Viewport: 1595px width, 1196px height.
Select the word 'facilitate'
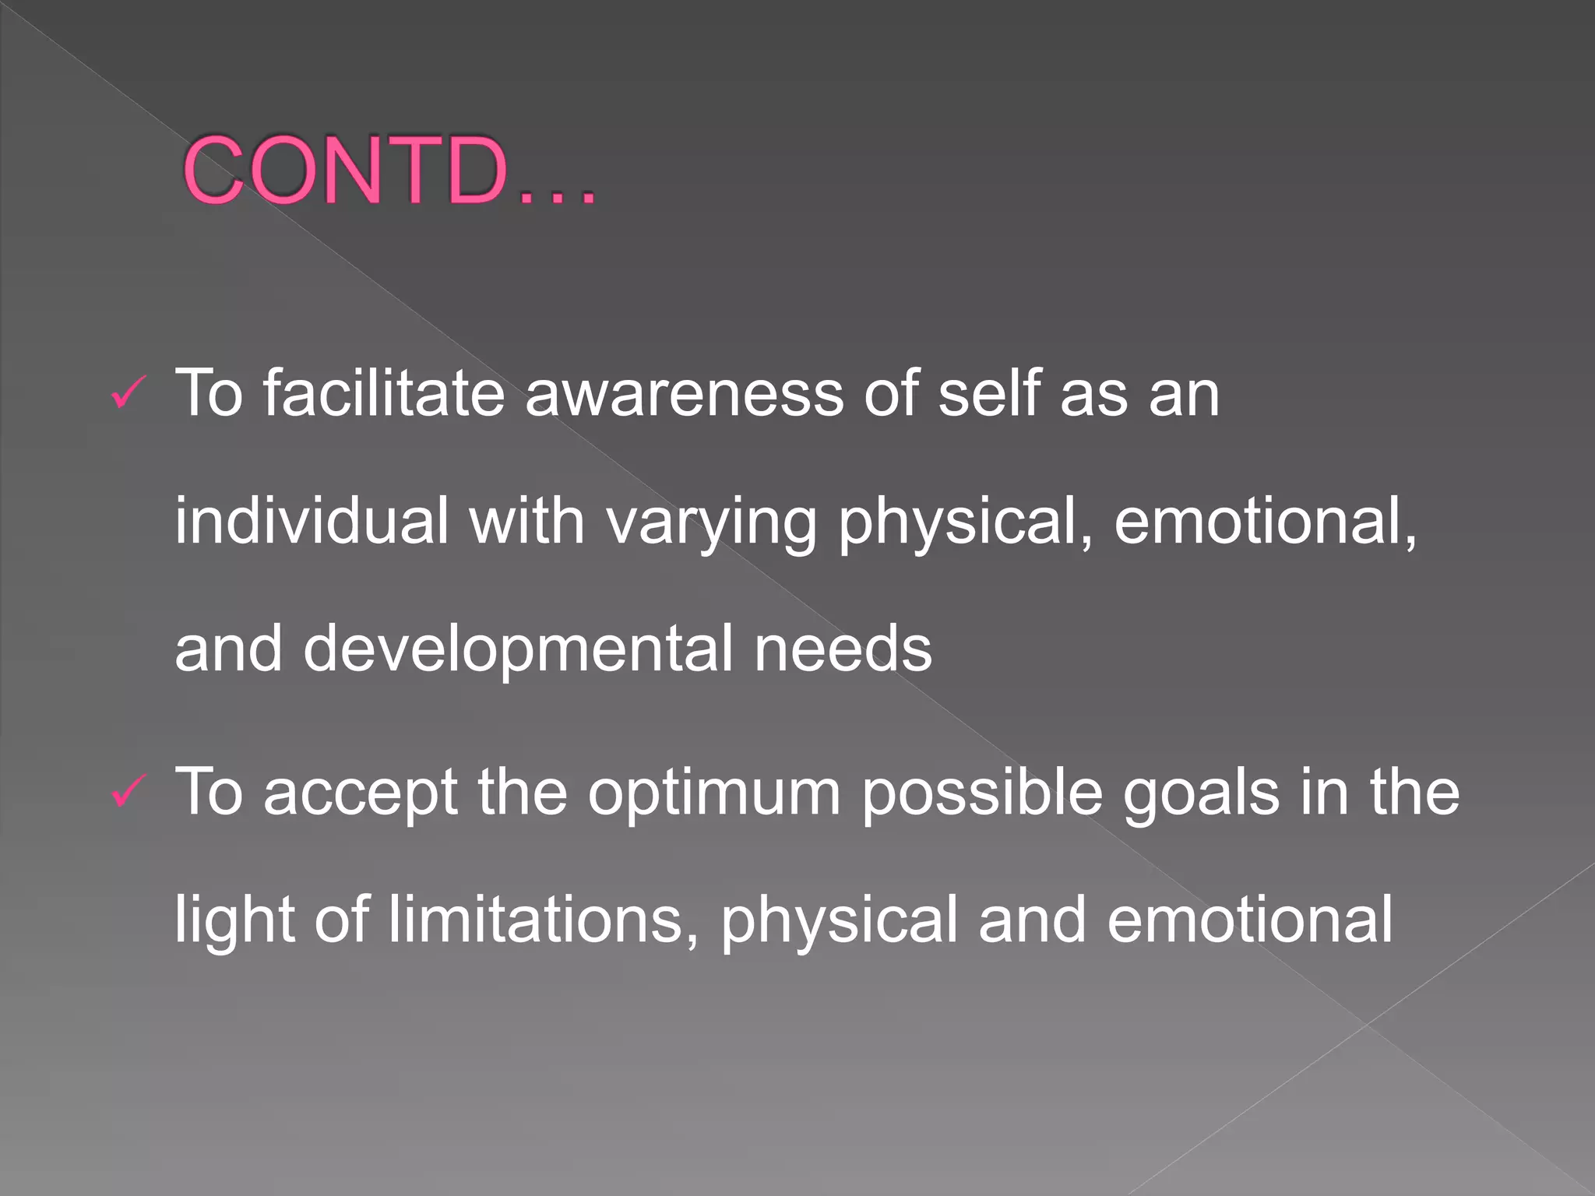click(x=384, y=392)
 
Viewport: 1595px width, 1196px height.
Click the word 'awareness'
click(x=684, y=394)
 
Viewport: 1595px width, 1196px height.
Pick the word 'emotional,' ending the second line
click(x=1265, y=520)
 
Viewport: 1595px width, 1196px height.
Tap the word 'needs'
click(x=843, y=648)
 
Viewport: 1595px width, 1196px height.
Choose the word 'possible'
click(x=982, y=793)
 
